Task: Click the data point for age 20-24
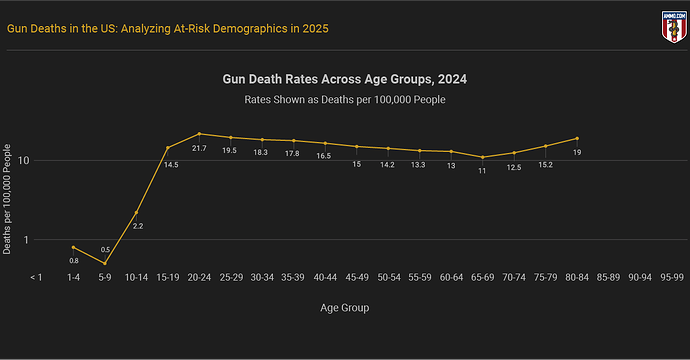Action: point(199,133)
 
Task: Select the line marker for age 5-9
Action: point(105,263)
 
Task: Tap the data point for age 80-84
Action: point(577,138)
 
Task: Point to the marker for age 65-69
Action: point(483,157)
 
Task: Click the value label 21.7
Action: point(199,149)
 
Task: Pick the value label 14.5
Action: point(171,164)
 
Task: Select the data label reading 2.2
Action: point(138,226)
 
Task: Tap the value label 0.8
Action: point(74,261)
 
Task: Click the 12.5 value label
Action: point(514,167)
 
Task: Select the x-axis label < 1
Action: point(37,276)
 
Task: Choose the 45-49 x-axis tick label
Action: point(357,276)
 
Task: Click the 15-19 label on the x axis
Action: point(168,276)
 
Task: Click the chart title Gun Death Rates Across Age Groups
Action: point(345,78)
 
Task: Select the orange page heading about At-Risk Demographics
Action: point(168,28)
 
